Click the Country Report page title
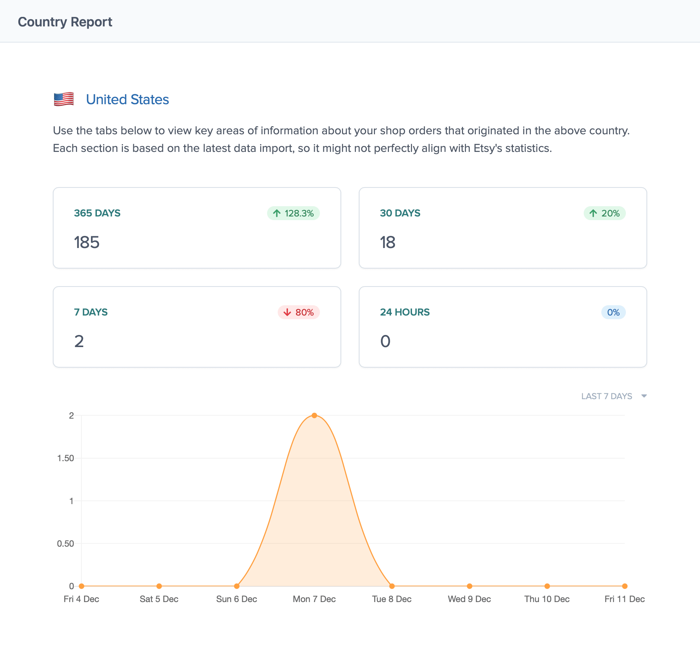pos(65,22)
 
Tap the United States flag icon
pos(64,99)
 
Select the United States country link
pos(127,99)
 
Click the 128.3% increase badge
pos(294,213)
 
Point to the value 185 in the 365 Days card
pos(87,242)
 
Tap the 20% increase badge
pos(605,213)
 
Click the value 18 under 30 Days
pos(387,242)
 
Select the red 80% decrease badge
pos(299,312)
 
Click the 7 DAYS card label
pos(91,312)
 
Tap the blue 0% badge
pos(613,312)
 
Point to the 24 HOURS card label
pos(405,312)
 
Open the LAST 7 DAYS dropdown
pos(613,396)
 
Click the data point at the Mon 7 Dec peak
pos(314,415)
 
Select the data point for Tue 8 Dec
pos(392,586)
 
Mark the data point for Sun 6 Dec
pos(237,586)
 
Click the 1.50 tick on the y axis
pos(66,458)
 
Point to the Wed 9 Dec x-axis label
pos(469,599)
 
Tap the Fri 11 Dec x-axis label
pos(624,599)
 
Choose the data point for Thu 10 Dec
pos(547,586)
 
